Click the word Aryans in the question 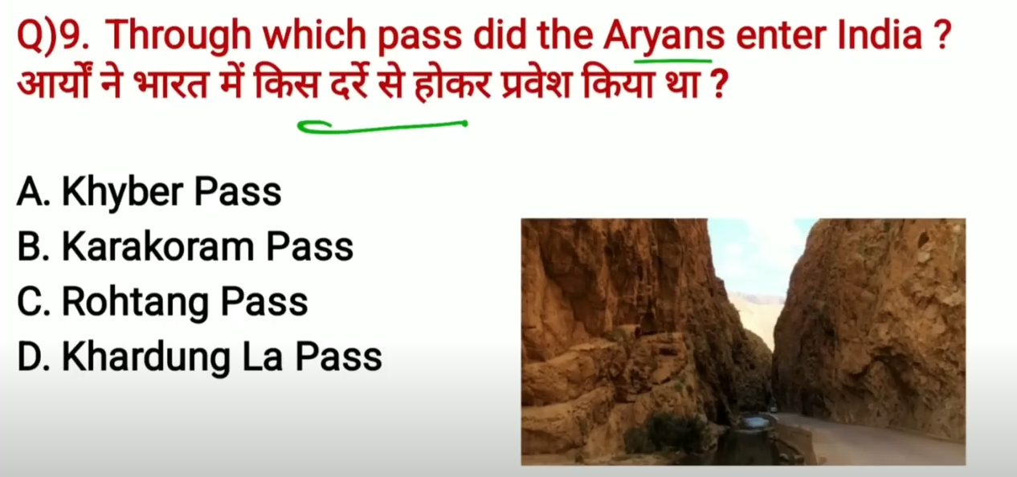tap(664, 36)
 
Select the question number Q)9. tap(53, 36)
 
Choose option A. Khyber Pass tap(149, 193)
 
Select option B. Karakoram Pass tap(185, 247)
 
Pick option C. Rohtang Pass tap(162, 302)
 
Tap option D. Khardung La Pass tap(199, 357)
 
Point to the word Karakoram tap(157, 247)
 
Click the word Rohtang tap(135, 302)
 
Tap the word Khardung tap(145, 357)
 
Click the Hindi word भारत tap(169, 84)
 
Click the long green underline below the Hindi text tap(382, 128)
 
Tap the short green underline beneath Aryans tap(673, 60)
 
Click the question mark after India tap(942, 35)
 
